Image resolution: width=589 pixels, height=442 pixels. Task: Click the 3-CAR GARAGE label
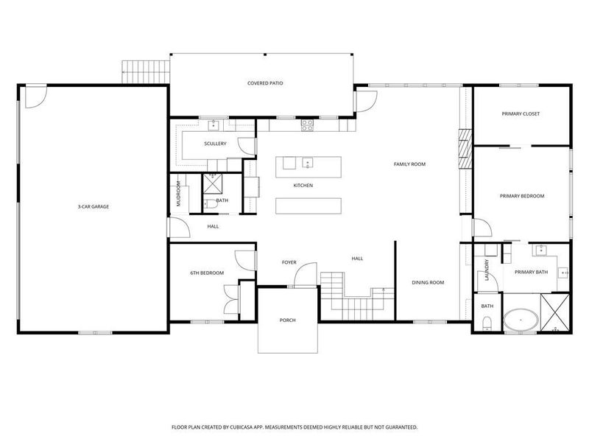tap(94, 207)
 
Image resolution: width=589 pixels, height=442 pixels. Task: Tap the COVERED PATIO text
tap(265, 83)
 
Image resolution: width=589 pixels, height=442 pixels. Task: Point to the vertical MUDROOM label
tap(178, 194)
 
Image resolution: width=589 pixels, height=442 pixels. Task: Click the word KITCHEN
tap(303, 185)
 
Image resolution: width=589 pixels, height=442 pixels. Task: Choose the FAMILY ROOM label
tap(409, 164)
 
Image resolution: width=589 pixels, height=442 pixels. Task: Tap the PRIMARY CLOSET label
tap(521, 114)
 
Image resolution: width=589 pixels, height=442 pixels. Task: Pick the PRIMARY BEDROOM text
tap(521, 196)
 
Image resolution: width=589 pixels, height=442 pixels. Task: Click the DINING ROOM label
tap(427, 282)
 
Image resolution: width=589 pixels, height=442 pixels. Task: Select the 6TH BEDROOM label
tap(206, 273)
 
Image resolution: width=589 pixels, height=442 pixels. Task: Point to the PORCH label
tap(287, 320)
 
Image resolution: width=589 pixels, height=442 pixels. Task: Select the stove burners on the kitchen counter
tap(306, 126)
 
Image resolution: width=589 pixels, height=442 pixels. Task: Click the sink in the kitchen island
tap(308, 163)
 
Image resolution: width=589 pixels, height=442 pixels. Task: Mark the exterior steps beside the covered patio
tap(146, 72)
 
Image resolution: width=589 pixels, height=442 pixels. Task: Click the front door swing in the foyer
tap(300, 278)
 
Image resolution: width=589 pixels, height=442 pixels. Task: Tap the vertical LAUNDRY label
tap(487, 270)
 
